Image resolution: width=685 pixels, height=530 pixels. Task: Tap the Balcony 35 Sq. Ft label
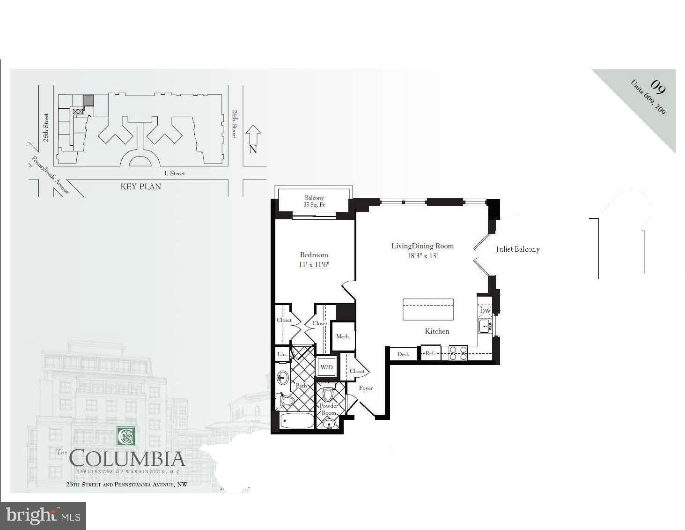tap(314, 202)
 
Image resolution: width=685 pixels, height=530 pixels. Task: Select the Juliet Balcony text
tap(518, 249)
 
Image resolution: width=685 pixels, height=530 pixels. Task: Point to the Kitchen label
tap(437, 331)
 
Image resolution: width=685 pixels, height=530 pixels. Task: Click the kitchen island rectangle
tap(428, 309)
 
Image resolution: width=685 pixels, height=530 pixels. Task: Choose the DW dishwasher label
tap(485, 311)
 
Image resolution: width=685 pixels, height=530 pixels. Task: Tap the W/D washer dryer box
tap(326, 367)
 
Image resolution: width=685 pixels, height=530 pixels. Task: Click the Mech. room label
tap(343, 336)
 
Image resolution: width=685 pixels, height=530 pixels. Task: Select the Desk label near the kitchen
tap(403, 354)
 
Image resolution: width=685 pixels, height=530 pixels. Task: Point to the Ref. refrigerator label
tap(430, 353)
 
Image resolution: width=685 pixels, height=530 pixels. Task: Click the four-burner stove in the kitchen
tap(458, 353)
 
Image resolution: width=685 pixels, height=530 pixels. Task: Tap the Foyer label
tap(366, 388)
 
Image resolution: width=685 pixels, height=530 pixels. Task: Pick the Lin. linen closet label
tap(282, 354)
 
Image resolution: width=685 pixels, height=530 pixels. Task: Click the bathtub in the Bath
tap(297, 420)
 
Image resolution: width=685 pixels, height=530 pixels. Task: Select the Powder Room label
tap(329, 409)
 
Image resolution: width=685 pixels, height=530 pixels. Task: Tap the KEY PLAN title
tap(141, 187)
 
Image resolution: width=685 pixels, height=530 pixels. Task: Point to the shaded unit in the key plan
tap(88, 101)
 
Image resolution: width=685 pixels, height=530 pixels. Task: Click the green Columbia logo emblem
tap(125, 436)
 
